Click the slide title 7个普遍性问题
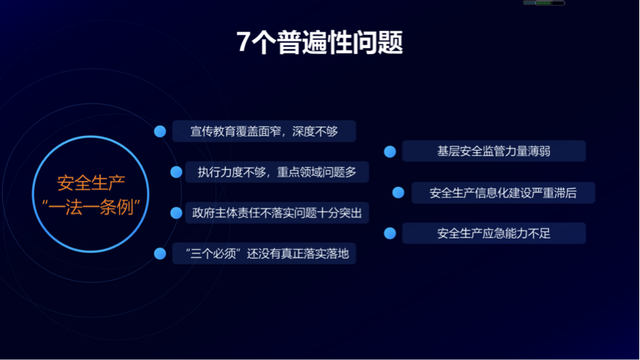coord(319,42)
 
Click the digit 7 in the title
coord(244,41)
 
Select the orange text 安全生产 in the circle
coord(91,183)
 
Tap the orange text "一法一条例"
coord(91,207)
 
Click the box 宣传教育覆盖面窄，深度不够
coord(264,131)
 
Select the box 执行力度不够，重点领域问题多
coord(277,171)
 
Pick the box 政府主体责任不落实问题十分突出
coord(277,213)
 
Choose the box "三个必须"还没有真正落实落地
coord(264,254)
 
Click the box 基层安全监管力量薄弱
coord(494,151)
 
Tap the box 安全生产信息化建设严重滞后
coord(503,193)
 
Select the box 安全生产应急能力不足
coord(494,233)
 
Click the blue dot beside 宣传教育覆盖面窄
coord(160,132)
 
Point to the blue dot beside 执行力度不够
coord(177,172)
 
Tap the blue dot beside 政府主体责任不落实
coord(177,213)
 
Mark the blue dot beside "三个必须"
coord(160,254)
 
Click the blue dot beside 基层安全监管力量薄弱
coord(389,152)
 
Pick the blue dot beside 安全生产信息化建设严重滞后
coord(398,193)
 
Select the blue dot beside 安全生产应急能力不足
coord(389,234)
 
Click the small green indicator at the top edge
coord(544,3)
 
